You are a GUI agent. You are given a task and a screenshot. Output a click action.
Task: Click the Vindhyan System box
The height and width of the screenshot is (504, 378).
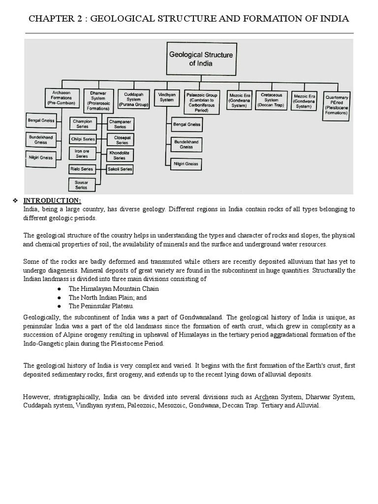point(166,97)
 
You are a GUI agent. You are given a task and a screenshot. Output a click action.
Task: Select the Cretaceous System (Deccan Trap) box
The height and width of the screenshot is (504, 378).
point(271,100)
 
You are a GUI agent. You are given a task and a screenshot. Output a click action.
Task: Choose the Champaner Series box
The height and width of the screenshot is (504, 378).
point(120,124)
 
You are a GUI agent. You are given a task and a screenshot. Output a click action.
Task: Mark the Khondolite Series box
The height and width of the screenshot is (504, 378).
point(120,156)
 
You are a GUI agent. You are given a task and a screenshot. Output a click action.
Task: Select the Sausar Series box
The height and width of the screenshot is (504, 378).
point(82,185)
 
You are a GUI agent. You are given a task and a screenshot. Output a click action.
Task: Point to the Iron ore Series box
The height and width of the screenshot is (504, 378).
point(82,154)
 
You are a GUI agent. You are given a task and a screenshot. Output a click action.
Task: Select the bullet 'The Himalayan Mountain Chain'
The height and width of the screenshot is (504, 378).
point(114,289)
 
